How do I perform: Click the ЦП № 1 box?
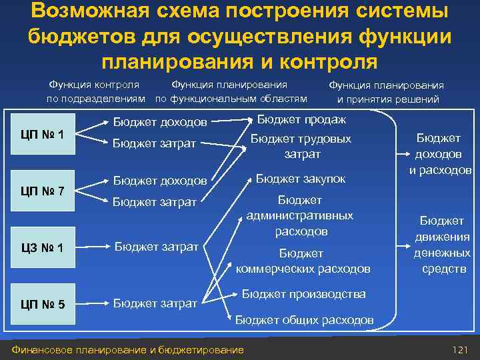tap(43, 134)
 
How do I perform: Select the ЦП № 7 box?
tap(43, 191)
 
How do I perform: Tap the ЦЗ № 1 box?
tap(43, 249)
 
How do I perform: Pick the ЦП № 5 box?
tap(43, 305)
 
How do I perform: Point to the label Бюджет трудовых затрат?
tap(301, 147)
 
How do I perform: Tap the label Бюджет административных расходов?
tap(300, 216)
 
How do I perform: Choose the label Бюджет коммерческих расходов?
tap(303, 261)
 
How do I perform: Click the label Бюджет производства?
tap(303, 293)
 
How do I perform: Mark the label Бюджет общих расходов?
tap(304, 320)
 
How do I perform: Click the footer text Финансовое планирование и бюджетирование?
tap(124, 350)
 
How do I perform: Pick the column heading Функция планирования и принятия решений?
tap(387, 93)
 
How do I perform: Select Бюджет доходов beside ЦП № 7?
tap(159, 181)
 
